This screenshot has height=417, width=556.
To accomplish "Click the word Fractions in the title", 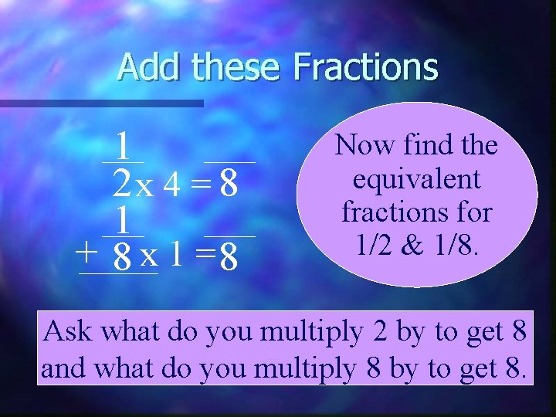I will coord(365,66).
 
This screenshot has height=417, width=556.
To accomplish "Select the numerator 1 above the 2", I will coord(122,144).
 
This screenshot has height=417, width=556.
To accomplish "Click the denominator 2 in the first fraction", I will coord(121,184).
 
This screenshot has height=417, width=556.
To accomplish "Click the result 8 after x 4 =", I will coord(228,184).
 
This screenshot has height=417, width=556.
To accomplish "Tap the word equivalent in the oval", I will coord(416,179).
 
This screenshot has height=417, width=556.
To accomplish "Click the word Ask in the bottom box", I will coord(69,331).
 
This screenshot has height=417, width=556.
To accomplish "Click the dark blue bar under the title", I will coord(101,102).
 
